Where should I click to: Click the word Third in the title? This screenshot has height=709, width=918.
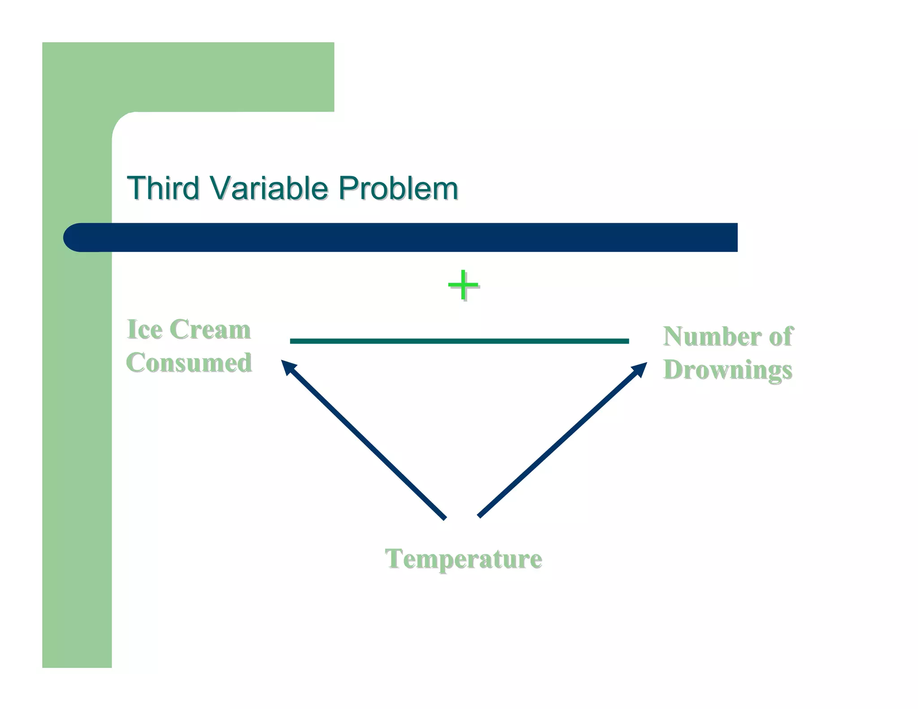pyautogui.click(x=163, y=188)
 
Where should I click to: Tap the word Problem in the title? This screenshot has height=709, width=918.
pyautogui.click(x=398, y=188)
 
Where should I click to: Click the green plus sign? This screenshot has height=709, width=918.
pyautogui.click(x=463, y=285)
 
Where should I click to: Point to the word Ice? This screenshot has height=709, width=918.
pyautogui.click(x=144, y=330)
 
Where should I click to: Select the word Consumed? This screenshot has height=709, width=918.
pyautogui.click(x=189, y=363)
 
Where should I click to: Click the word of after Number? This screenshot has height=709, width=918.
pyautogui.click(x=781, y=337)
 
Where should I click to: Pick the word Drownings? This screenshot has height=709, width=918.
pyautogui.click(x=727, y=370)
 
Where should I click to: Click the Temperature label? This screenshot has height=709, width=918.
pyautogui.click(x=463, y=559)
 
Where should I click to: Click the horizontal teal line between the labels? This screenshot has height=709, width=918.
pyautogui.click(x=459, y=341)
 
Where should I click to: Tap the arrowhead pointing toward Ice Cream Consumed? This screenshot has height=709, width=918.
pyautogui.click(x=287, y=367)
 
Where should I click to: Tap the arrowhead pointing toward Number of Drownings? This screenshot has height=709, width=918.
pyautogui.click(x=640, y=369)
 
